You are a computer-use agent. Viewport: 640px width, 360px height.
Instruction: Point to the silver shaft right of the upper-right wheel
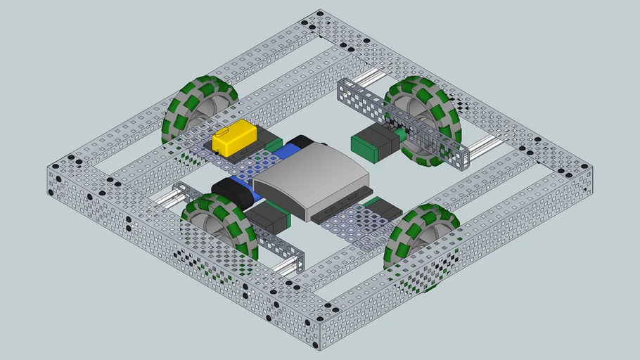(x=485, y=146)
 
